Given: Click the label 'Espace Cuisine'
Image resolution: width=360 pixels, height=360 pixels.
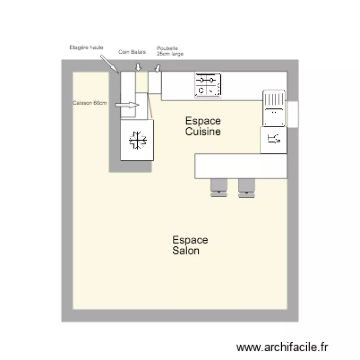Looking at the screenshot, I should click(203, 126).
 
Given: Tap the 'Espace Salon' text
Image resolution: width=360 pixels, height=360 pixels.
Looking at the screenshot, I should click(190, 245).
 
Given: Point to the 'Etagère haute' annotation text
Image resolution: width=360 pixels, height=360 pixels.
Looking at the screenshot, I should click(86, 48).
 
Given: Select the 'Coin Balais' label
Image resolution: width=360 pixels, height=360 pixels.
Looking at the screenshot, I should click(132, 51).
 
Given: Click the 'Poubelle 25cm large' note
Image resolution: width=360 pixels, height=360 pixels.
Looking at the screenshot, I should click(169, 51).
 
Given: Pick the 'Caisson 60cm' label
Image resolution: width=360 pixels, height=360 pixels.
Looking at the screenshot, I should click(89, 103).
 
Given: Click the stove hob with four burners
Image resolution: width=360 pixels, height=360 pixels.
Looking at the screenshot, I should click(208, 85).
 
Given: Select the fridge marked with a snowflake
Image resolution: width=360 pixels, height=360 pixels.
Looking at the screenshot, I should click(137, 140).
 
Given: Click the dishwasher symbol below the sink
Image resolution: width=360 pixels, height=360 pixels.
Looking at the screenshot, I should click(274, 140).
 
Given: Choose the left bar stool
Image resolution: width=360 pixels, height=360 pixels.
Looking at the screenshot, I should click(219, 187).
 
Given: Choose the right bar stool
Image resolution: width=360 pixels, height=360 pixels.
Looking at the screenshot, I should click(247, 187).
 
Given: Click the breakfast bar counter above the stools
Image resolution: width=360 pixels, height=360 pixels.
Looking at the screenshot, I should click(240, 166).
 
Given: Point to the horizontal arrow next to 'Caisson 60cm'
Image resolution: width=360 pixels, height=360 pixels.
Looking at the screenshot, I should click(127, 104).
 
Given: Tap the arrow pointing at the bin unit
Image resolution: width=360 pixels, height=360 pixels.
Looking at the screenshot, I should click(157, 70).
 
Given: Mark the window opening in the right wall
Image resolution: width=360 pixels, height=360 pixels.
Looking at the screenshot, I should click(293, 115).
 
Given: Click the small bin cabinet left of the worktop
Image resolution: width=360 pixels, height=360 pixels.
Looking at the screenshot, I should click(154, 83).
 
